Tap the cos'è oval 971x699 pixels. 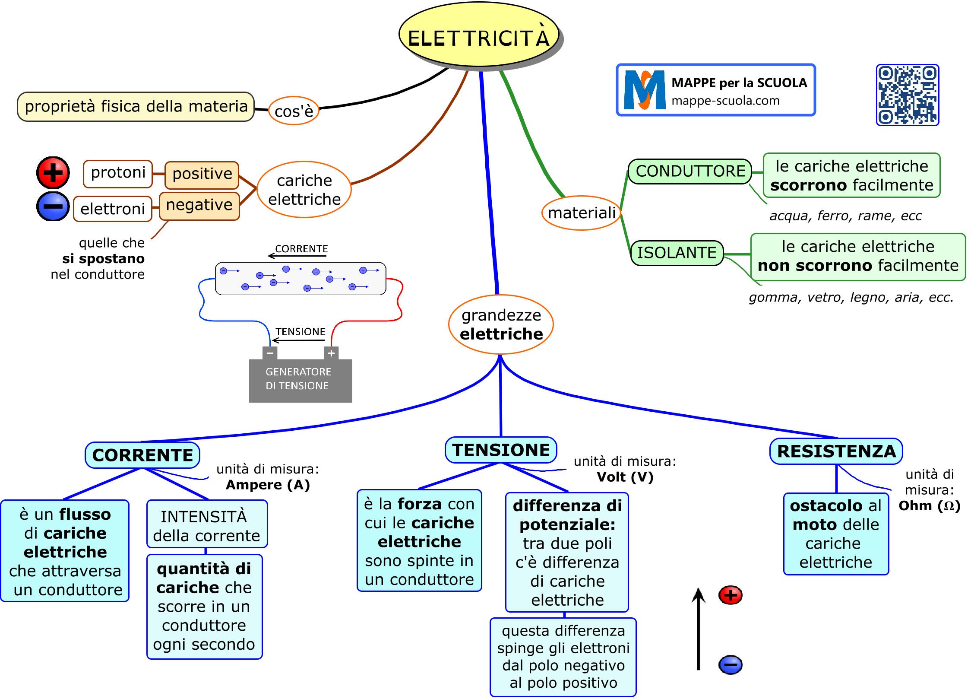[294, 111]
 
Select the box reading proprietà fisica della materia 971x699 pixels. [136, 106]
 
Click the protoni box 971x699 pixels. [118, 173]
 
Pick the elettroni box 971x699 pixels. [113, 209]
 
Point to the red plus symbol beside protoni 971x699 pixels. [53, 173]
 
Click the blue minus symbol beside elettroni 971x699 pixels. [53, 206]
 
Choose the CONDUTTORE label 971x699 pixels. [690, 172]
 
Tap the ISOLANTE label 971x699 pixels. [677, 253]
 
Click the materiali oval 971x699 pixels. [582, 213]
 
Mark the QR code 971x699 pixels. [908, 95]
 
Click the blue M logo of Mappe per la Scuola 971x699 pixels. [645, 90]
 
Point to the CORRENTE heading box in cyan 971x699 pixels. [142, 455]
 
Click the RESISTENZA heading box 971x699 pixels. [836, 451]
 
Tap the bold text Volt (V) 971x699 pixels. [625, 477]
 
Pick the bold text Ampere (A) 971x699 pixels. [268, 485]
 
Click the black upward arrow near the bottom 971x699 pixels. [698, 629]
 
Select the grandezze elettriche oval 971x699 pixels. [501, 324]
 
